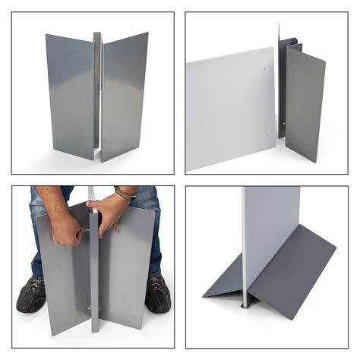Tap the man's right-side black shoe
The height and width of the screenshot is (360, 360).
click(157, 294)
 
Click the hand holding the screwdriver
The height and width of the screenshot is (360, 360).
click(68, 228)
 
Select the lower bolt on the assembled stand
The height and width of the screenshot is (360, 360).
click(94, 308)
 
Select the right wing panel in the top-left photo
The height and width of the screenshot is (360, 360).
click(124, 95)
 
